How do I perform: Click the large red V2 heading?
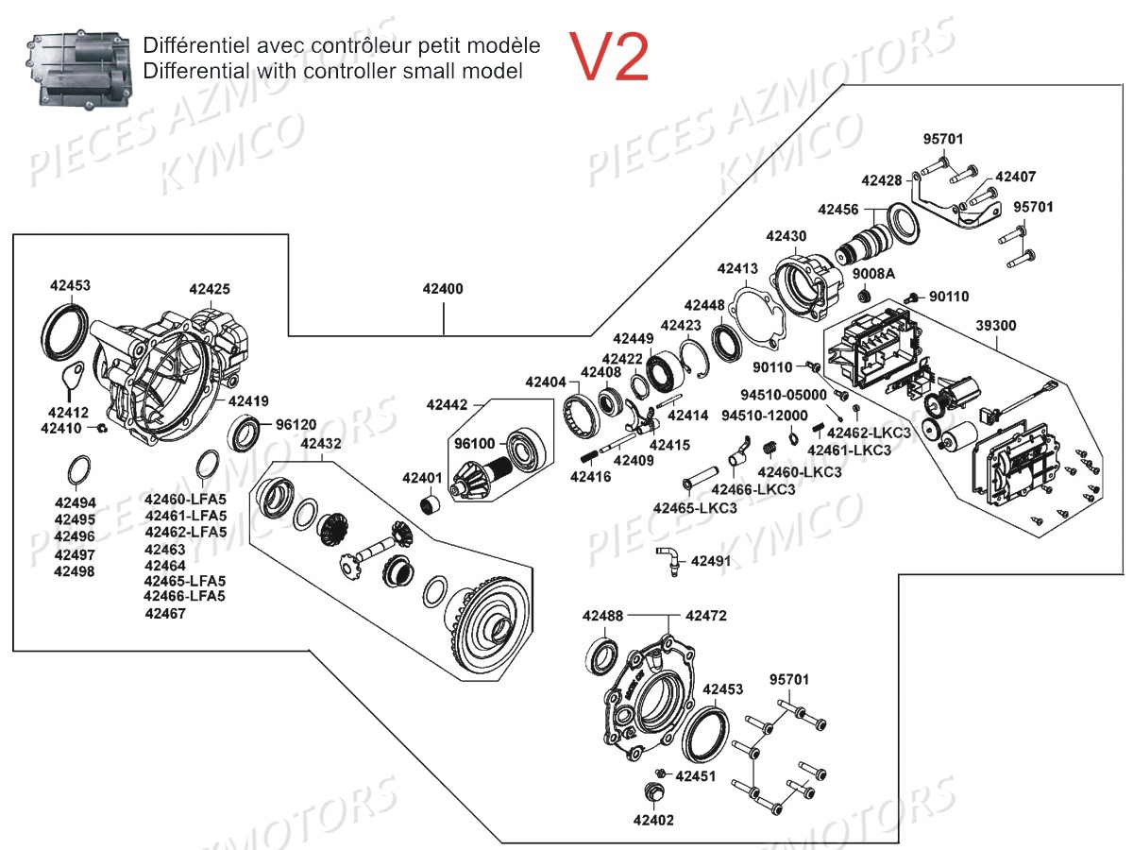pos(609,57)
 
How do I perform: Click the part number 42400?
pos(443,289)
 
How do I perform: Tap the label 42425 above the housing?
pos(209,289)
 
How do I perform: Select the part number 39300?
pos(995,325)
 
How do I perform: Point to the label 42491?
pos(711,561)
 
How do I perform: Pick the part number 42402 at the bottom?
pos(653,820)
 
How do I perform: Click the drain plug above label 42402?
pos(652,793)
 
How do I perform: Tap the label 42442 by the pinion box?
pos(447,404)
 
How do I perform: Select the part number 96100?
pos(474,442)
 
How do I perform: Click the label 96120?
pos(296,425)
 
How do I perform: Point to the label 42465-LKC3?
pos(695,508)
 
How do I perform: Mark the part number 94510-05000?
pos(784,395)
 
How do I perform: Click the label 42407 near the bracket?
pos(1016,177)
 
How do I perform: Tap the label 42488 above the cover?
pos(602,616)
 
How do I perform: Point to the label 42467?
pos(165,613)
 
